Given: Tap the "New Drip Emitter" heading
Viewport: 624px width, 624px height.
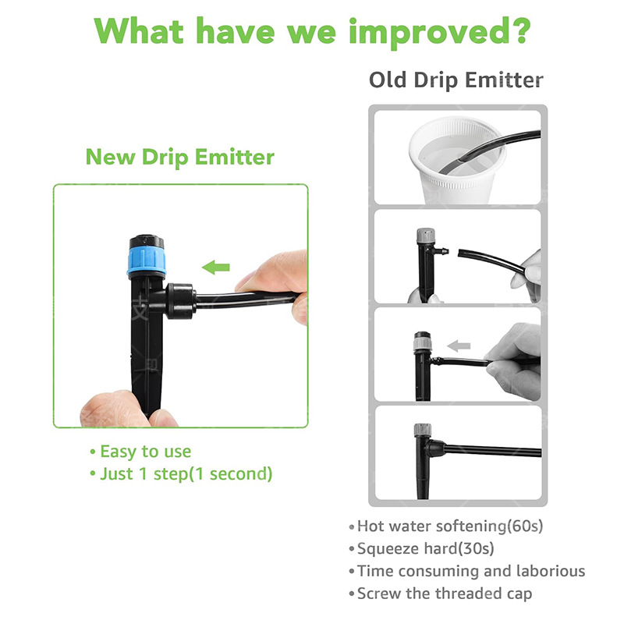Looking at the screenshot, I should (179, 157).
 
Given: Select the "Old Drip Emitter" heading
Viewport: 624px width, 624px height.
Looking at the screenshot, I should (456, 80).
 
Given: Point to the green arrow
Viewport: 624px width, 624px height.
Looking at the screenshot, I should (216, 268).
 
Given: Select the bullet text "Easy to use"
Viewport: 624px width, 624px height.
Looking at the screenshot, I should (145, 452).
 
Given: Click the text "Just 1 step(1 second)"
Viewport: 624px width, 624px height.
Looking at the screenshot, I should (186, 473).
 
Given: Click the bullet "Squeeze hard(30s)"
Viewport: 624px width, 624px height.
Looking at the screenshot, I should (425, 548).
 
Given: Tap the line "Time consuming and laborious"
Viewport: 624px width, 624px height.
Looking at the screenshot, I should (470, 571).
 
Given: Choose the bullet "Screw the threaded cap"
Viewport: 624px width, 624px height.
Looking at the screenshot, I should (445, 594).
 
